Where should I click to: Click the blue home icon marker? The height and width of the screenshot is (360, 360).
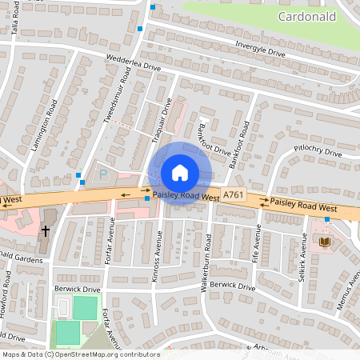tap(179, 172)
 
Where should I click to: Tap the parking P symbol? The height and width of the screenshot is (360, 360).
tap(102, 174)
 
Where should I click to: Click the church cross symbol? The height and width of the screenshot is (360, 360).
tap(46, 231)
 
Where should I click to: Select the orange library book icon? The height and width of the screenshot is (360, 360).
tap(325, 241)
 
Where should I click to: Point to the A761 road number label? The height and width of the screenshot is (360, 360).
tap(233, 195)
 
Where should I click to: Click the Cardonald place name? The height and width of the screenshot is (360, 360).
tap(308, 16)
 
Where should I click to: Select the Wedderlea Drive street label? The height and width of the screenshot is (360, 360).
tap(134, 63)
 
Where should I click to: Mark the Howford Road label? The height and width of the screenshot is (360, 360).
tap(7, 291)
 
